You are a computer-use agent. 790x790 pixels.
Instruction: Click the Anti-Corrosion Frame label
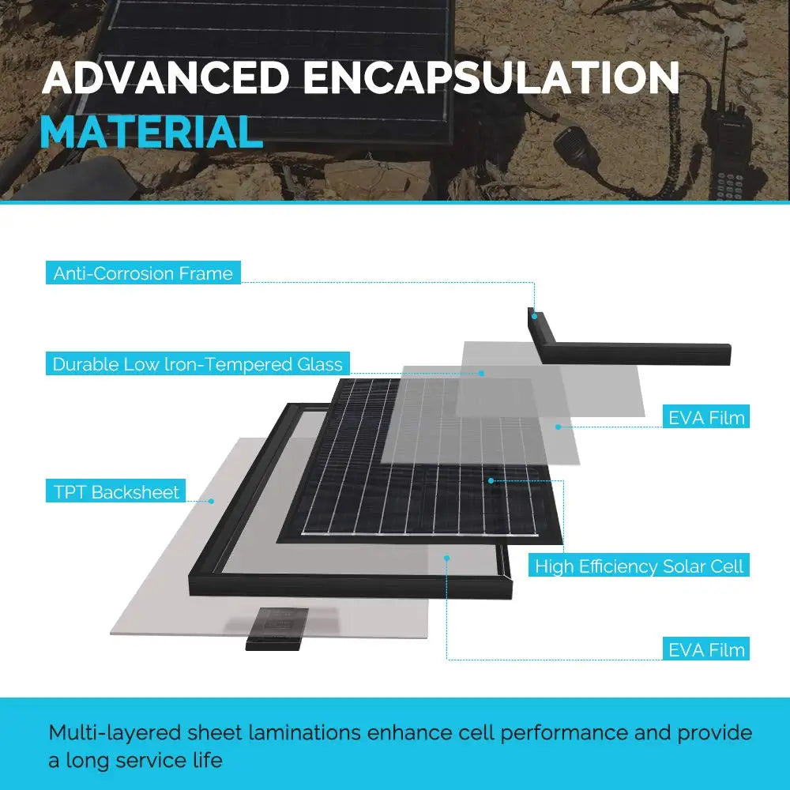tap(143, 273)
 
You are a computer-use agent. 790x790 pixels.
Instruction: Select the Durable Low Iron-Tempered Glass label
tap(197, 363)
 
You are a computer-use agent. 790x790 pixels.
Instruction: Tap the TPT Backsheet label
tap(116, 491)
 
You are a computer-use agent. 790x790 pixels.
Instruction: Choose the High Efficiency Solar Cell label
tap(639, 566)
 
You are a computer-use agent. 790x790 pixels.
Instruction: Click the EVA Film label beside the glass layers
tap(706, 416)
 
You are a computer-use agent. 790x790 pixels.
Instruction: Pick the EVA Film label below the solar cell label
tap(706, 649)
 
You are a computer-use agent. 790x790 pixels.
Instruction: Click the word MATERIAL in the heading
tap(152, 132)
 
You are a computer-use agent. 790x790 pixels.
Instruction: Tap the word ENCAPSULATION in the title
tap(491, 78)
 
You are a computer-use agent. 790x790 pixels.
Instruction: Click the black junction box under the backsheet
tap(276, 630)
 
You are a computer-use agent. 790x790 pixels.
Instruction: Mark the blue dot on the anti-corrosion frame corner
tap(534, 317)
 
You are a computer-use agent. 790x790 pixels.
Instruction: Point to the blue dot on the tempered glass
tap(482, 374)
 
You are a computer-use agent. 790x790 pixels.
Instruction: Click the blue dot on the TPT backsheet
tap(211, 501)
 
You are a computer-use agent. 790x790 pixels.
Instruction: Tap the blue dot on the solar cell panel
tap(491, 480)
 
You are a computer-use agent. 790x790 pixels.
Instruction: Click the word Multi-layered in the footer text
tap(115, 733)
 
